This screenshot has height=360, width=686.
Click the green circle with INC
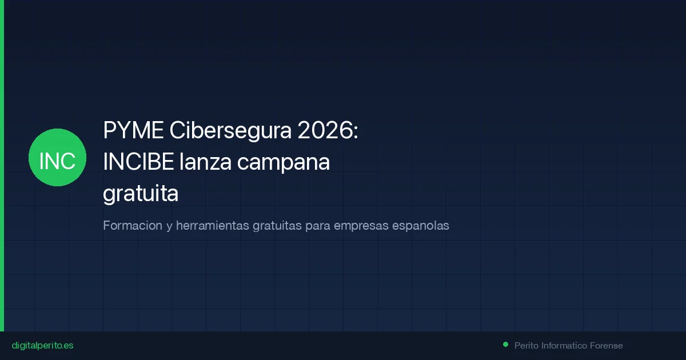coord(57,157)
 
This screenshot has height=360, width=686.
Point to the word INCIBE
coord(138,163)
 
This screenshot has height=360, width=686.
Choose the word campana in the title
coord(284,163)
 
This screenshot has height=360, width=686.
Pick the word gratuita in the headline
coord(141,194)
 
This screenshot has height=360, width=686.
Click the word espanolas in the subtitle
coord(421,226)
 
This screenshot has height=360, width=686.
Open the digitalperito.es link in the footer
coord(42,346)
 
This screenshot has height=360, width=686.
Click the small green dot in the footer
coord(505,345)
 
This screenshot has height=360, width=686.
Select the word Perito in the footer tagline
coord(526,346)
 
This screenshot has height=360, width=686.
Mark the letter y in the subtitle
coord(169,227)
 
